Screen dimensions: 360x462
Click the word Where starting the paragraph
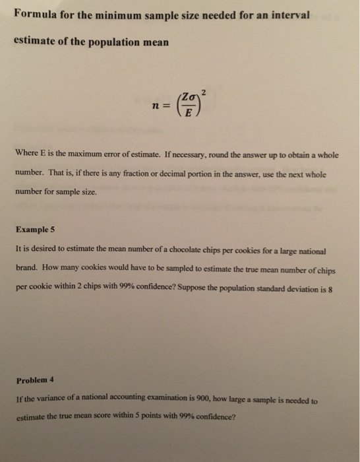[x=26, y=155]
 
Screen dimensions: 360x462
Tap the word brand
[x=26, y=270]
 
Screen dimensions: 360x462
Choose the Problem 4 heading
[x=34, y=379]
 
